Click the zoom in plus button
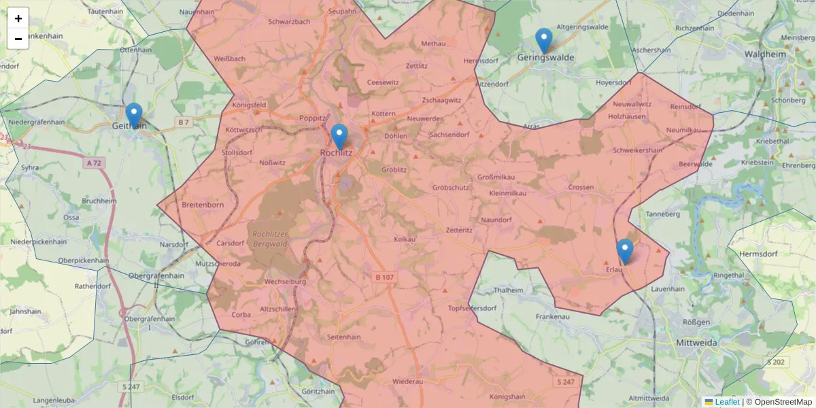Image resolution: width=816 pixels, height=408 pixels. (18, 18)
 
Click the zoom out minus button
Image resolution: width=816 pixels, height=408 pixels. (18, 39)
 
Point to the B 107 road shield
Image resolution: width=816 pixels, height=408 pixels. (384, 277)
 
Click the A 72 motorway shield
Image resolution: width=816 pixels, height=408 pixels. (94, 164)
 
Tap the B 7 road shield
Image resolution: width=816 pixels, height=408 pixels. (182, 122)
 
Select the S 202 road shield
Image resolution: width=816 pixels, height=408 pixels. (775, 362)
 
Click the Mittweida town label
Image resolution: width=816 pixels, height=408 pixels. (696, 343)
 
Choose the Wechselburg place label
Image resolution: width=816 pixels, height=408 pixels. (286, 282)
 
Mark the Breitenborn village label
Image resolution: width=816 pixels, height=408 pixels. (203, 204)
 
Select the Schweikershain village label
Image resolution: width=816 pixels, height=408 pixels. (637, 150)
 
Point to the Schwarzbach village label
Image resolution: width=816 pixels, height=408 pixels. (289, 22)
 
